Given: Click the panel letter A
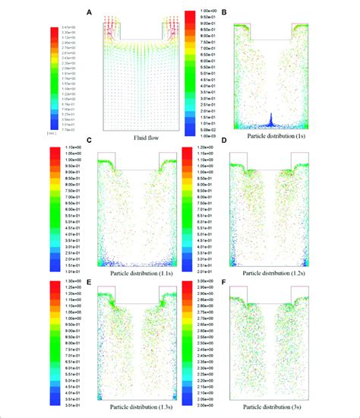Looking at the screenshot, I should (90, 11).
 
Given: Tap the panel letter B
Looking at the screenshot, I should (226, 11).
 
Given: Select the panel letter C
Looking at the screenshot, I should (90, 141).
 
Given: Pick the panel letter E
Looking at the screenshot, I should (90, 279).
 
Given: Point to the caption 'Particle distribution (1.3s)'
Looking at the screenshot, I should (134, 411).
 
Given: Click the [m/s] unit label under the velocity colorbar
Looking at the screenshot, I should (30, 132).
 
